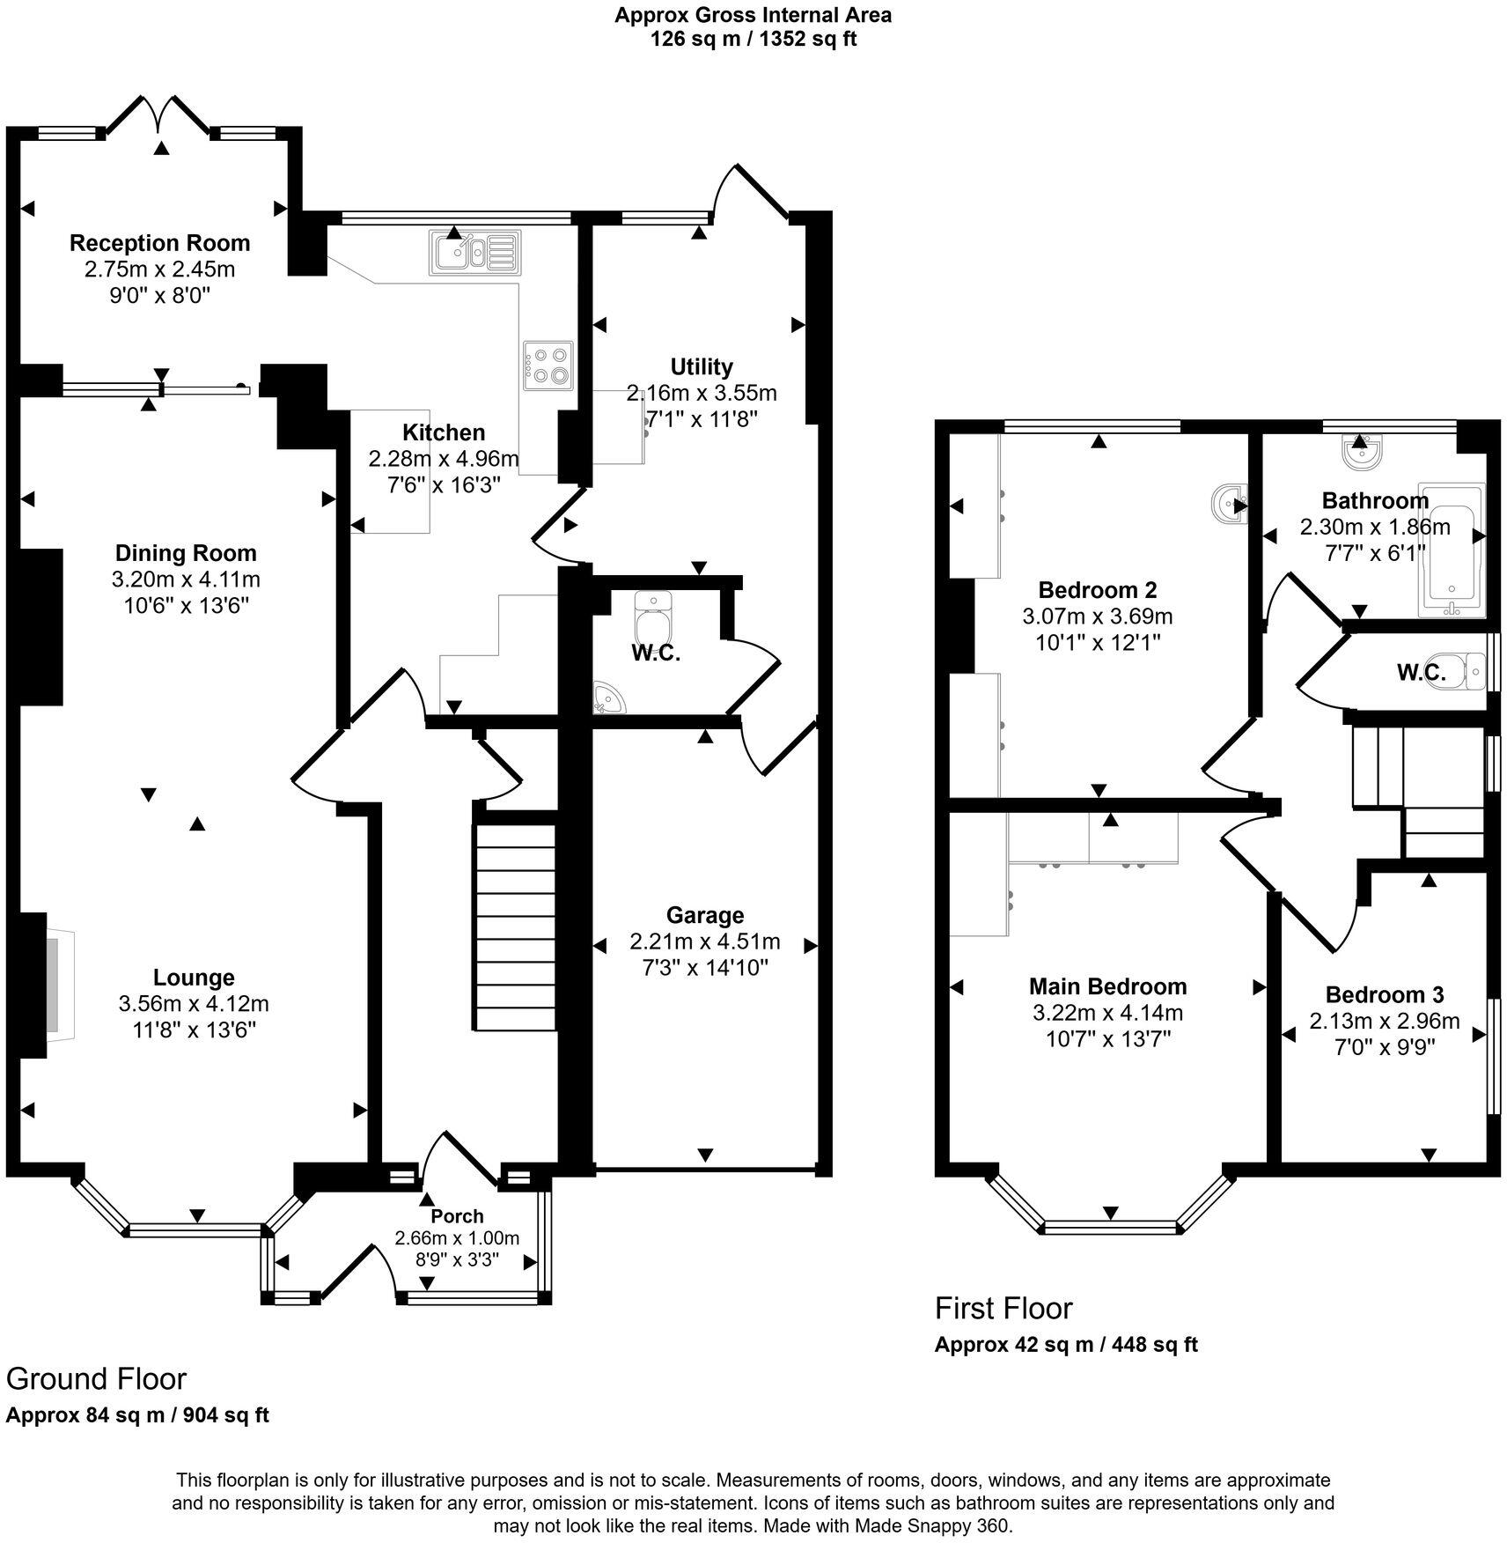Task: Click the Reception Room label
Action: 159,243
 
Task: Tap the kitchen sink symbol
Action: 474,251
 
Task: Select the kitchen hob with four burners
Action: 548,365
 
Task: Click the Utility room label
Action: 701,366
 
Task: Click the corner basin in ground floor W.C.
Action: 607,697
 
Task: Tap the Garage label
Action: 704,915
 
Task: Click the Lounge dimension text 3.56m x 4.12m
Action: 194,1003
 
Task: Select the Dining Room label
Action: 186,553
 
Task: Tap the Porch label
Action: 457,1216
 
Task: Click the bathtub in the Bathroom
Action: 1450,548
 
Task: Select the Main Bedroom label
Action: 1107,986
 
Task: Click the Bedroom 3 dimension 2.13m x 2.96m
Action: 1384,1021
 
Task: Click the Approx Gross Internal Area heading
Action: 753,15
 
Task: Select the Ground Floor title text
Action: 97,1378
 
